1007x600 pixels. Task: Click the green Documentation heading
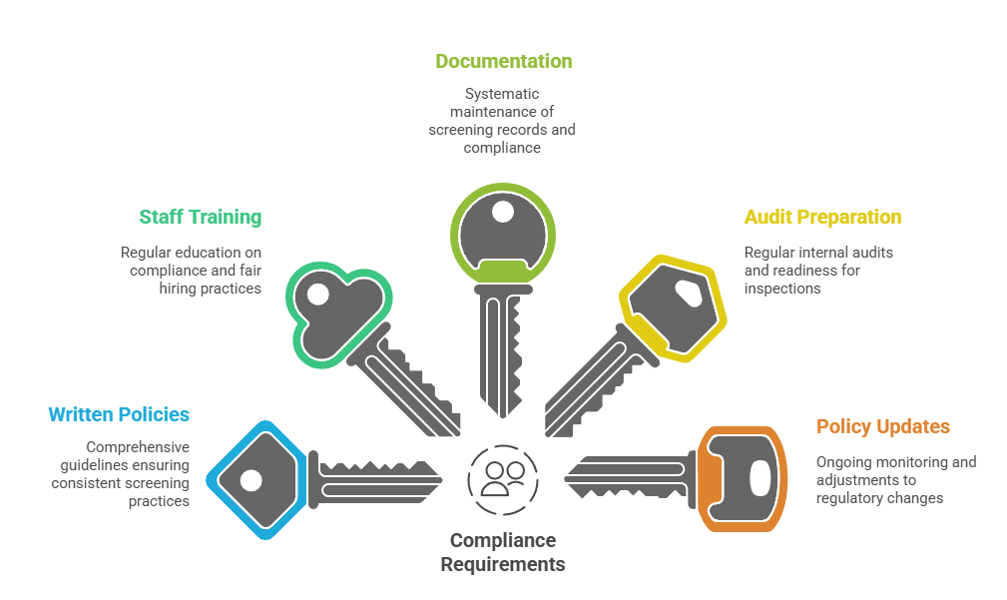pos(503,61)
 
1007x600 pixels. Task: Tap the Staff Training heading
pos(200,217)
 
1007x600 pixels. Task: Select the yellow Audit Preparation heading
pos(822,217)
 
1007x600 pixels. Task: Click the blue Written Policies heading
pos(119,414)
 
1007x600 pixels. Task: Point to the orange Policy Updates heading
pos(883,426)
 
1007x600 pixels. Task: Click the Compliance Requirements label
pos(503,552)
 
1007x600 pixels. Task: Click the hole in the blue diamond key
pos(252,480)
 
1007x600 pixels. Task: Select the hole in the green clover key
pos(318,295)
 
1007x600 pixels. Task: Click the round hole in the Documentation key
pos(503,212)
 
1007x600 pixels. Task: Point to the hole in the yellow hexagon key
pos(688,294)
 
